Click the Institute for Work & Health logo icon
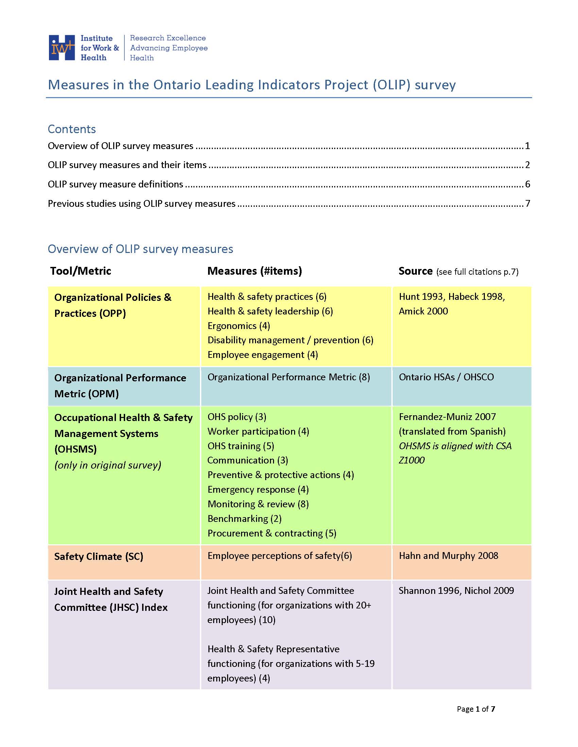(x=62, y=48)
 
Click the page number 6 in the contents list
(x=527, y=184)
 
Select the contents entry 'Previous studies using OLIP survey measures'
(x=141, y=203)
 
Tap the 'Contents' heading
(x=71, y=129)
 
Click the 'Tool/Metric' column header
(x=81, y=271)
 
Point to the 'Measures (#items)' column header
(x=254, y=271)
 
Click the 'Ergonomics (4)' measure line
(x=239, y=326)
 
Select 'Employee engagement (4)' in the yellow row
(x=262, y=355)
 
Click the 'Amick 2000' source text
(x=423, y=311)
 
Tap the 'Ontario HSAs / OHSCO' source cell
(x=446, y=377)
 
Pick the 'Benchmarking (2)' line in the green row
(x=244, y=518)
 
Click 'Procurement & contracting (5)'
(x=272, y=533)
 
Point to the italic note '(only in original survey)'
(x=107, y=465)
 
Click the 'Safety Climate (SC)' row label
(x=99, y=557)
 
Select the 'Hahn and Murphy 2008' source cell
(x=448, y=555)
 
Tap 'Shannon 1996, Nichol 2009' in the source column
(x=456, y=590)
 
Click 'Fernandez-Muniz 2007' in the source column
(x=447, y=417)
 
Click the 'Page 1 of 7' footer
(x=476, y=709)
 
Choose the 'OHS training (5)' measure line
(x=241, y=446)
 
